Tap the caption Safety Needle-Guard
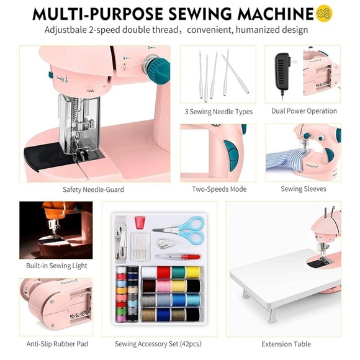pyautogui.click(x=93, y=189)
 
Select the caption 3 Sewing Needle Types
pyautogui.click(x=218, y=112)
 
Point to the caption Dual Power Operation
pyautogui.click(x=304, y=111)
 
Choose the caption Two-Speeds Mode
pyautogui.click(x=218, y=189)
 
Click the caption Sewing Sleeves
pyautogui.click(x=304, y=189)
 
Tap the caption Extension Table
pyautogui.click(x=286, y=343)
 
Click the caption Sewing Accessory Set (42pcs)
pyautogui.click(x=158, y=343)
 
